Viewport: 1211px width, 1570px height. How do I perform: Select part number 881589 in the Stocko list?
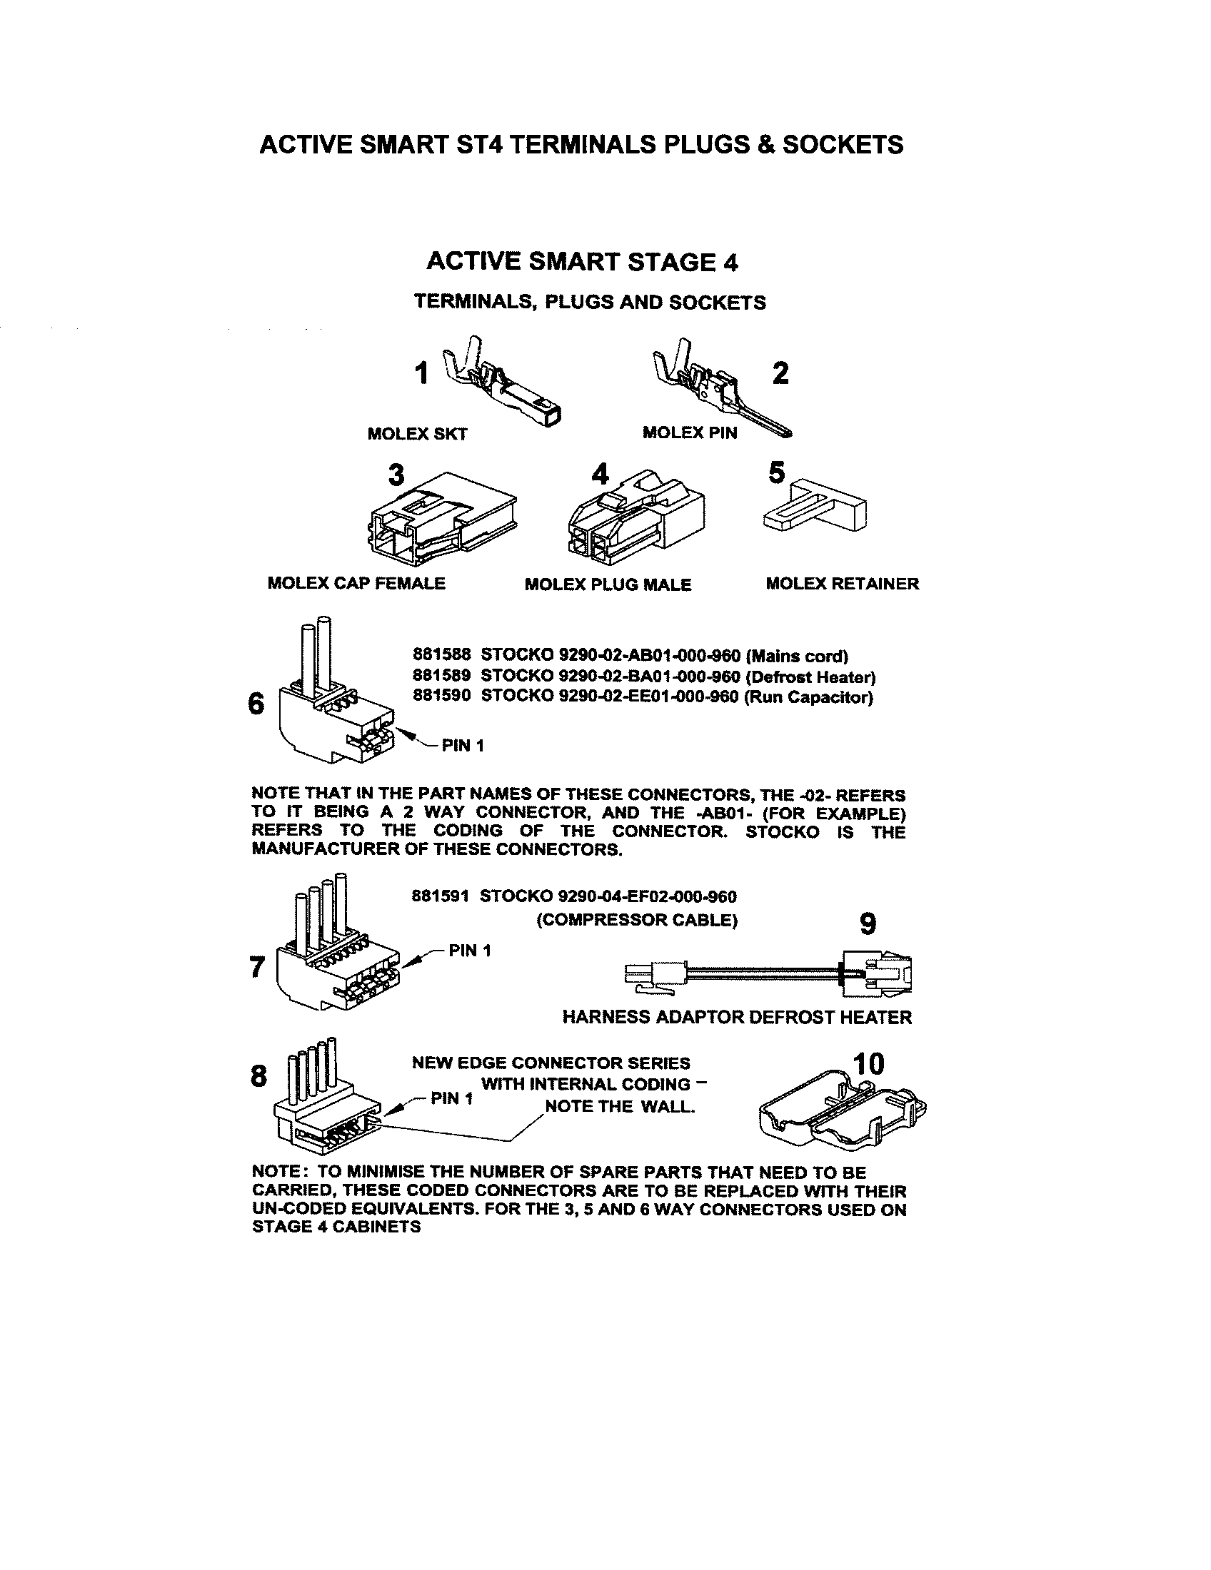click(441, 677)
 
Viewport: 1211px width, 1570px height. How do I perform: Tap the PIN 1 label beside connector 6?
click(463, 746)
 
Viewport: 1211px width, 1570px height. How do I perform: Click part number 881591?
click(440, 896)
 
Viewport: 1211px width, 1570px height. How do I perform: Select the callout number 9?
click(868, 923)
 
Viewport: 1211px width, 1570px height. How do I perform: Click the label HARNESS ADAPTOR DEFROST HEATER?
click(736, 1017)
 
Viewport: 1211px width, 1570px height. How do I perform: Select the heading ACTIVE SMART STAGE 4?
click(582, 262)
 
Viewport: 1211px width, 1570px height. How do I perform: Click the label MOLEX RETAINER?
click(842, 584)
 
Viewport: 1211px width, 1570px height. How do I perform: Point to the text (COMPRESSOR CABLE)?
click(636, 920)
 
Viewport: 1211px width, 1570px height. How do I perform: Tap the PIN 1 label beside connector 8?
click(451, 1098)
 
